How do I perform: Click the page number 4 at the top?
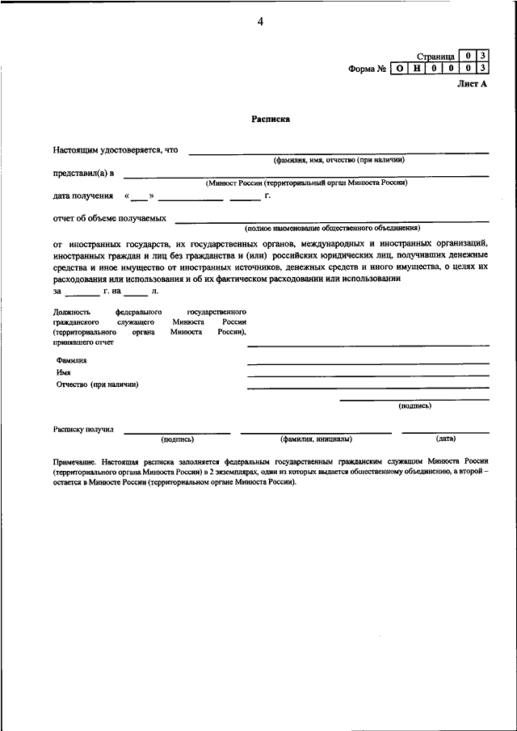click(x=260, y=21)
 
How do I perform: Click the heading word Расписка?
click(x=270, y=119)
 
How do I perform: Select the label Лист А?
click(x=472, y=84)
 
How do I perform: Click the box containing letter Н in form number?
click(x=416, y=69)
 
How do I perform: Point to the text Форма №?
click(x=367, y=69)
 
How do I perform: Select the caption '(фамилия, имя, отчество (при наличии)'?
click(x=338, y=160)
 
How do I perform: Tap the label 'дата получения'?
click(x=83, y=196)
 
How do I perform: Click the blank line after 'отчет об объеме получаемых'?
click(x=332, y=221)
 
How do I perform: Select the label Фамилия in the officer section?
click(x=71, y=360)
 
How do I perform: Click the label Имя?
click(x=64, y=372)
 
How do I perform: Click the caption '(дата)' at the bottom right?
click(x=445, y=439)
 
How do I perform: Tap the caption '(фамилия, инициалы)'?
click(x=316, y=439)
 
